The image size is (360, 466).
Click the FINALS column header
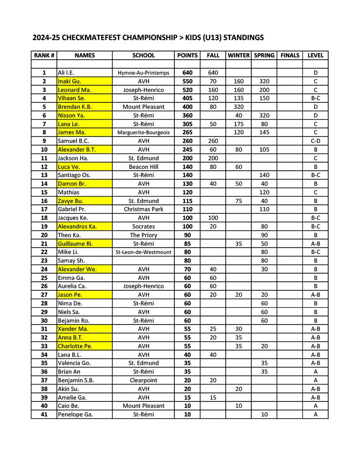[x=290, y=56]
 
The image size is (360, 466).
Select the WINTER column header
[x=238, y=56]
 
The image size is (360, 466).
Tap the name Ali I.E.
[x=66, y=73]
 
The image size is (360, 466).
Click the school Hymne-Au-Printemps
[x=143, y=73]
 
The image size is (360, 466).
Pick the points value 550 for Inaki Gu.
[x=187, y=81]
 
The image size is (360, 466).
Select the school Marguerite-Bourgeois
[x=143, y=132]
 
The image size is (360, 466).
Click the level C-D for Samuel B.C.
[x=315, y=141]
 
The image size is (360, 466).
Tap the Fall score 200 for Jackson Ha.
[x=213, y=158]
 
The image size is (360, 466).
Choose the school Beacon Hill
[x=143, y=167]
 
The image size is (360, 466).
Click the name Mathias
[x=68, y=192]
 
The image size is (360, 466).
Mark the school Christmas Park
[x=143, y=209]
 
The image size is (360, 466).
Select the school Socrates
[x=143, y=227]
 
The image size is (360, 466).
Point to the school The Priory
[x=143, y=235]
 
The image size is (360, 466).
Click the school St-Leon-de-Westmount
[x=143, y=252]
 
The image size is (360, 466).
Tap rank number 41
[x=44, y=415]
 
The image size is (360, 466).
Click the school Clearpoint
[x=143, y=380]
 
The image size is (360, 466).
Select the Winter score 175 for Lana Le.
[x=238, y=124]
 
